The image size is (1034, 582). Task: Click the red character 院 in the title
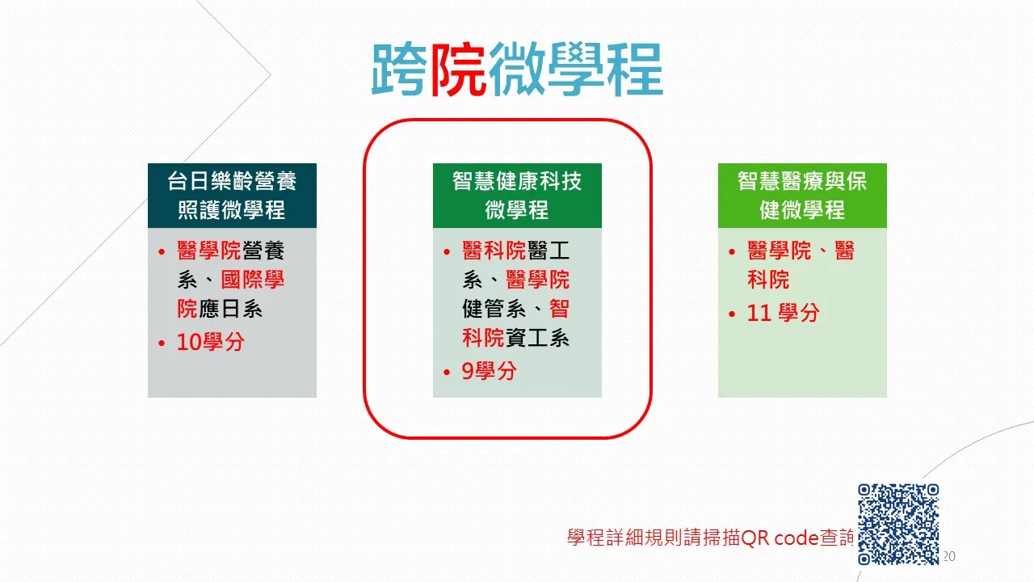coord(458,70)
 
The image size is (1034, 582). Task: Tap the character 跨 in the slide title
coord(400,70)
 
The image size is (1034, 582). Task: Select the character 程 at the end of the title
coord(635,70)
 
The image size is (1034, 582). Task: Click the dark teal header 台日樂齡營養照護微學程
coord(232,196)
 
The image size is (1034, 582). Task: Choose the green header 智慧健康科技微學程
coord(517,196)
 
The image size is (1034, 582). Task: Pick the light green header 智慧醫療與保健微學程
coord(802,196)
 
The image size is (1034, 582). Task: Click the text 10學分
coord(211,342)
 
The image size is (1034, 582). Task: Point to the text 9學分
coord(489,371)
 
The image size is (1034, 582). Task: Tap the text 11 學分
coord(783,313)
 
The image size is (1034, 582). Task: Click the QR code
coord(898,525)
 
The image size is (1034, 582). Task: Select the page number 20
coord(949,556)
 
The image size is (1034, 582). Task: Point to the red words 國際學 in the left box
coord(253,280)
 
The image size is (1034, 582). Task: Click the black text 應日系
coord(230,309)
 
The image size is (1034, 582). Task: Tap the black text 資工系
coord(537,338)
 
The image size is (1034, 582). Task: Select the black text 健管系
coord(494,309)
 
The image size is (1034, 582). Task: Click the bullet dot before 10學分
coord(162,344)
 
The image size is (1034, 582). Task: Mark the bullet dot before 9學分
coord(447,373)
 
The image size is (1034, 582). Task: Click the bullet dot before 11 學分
coord(732,314)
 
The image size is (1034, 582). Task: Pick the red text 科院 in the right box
coord(768,280)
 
